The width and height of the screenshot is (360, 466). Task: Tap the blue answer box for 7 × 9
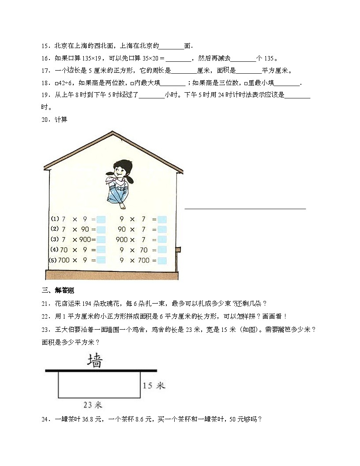pyautogui.click(x=101, y=219)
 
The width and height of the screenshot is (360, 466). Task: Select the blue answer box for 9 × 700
pyautogui.click(x=162, y=260)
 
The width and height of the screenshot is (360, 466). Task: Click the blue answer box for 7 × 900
pyautogui.click(x=101, y=240)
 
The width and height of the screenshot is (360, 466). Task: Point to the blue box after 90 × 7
pyautogui.click(x=162, y=229)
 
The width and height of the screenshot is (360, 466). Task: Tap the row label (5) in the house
pyautogui.click(x=52, y=260)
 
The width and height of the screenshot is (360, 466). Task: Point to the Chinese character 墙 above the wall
pyautogui.click(x=95, y=360)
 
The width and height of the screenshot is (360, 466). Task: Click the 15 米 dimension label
pyautogui.click(x=154, y=386)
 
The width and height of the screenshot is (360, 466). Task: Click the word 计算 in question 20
pyautogui.click(x=61, y=120)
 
